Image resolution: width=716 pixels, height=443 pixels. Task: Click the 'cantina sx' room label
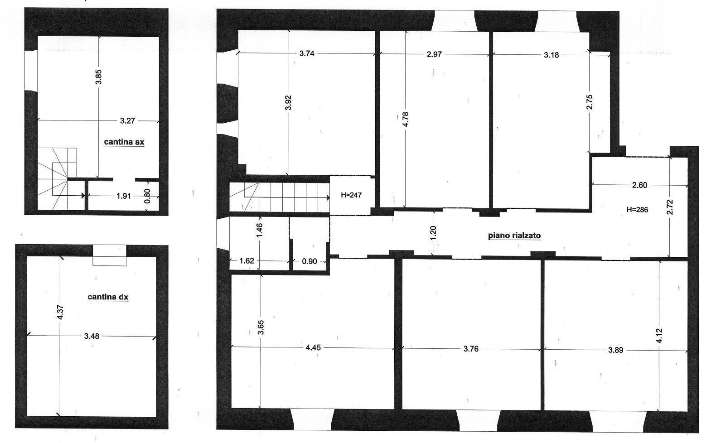coord(124,142)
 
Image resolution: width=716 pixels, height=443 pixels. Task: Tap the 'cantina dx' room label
coord(108,297)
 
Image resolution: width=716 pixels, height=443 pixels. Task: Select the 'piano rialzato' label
coord(514,236)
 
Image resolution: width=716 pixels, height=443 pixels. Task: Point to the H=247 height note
coord(351,195)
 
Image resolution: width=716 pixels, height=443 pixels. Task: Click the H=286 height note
coord(637,210)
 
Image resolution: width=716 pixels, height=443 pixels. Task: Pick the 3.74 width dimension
coord(307,53)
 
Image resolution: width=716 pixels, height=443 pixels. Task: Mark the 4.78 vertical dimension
coord(406,120)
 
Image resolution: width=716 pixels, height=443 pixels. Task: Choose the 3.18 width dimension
coord(552,55)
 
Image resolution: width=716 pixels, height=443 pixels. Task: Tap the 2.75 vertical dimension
coord(590,102)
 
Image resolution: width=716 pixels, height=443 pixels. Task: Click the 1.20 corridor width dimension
coord(433,233)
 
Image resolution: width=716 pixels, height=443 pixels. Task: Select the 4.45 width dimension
coord(313,347)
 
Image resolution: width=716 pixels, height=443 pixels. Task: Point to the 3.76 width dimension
coord(471,349)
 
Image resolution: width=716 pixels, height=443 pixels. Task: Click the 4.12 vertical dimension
coord(659,336)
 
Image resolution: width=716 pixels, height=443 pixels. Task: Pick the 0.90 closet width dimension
coord(309,261)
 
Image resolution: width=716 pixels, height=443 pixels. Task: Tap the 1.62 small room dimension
coord(247,260)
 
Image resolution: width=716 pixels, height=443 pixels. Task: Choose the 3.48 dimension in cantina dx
coord(92,336)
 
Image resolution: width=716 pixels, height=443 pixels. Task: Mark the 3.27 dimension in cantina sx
coord(127,121)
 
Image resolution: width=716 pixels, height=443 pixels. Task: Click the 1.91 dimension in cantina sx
coord(123,196)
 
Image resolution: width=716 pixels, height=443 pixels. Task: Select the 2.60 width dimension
coord(639,185)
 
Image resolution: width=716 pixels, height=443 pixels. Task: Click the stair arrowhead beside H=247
coord(328,198)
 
